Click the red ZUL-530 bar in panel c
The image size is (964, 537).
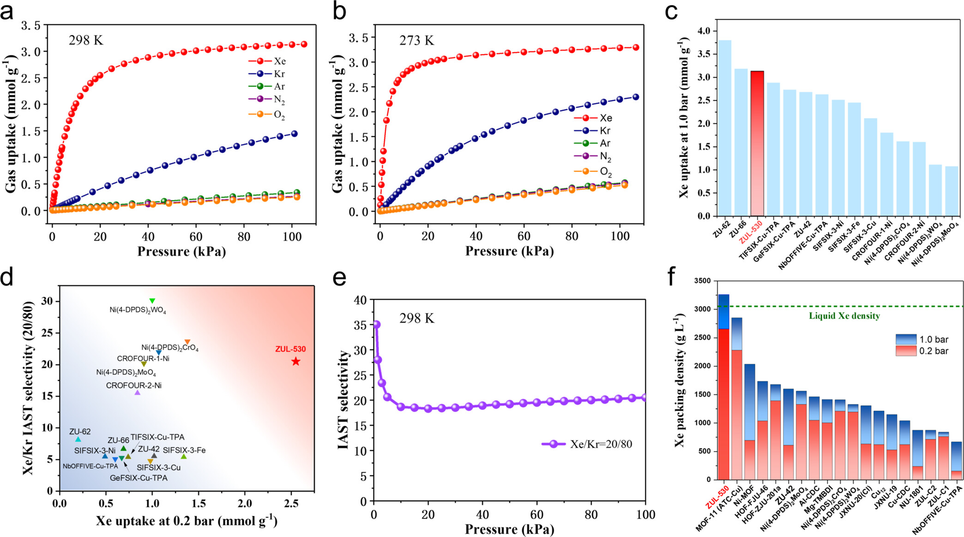757,143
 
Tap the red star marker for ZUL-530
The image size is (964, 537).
296,362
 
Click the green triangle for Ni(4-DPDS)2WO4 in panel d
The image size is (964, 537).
152,301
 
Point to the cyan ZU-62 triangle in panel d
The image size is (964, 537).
78,439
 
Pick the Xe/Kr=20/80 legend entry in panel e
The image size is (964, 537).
587,444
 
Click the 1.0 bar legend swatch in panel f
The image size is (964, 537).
906,339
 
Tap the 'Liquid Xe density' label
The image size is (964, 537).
844,316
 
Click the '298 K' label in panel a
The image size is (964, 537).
86,41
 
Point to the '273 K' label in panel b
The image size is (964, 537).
416,41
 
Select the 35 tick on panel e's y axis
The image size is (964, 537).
359,325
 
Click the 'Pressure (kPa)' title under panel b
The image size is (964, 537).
509,252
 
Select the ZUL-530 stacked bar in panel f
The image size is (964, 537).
724,392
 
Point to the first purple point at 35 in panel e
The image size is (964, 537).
376,325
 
